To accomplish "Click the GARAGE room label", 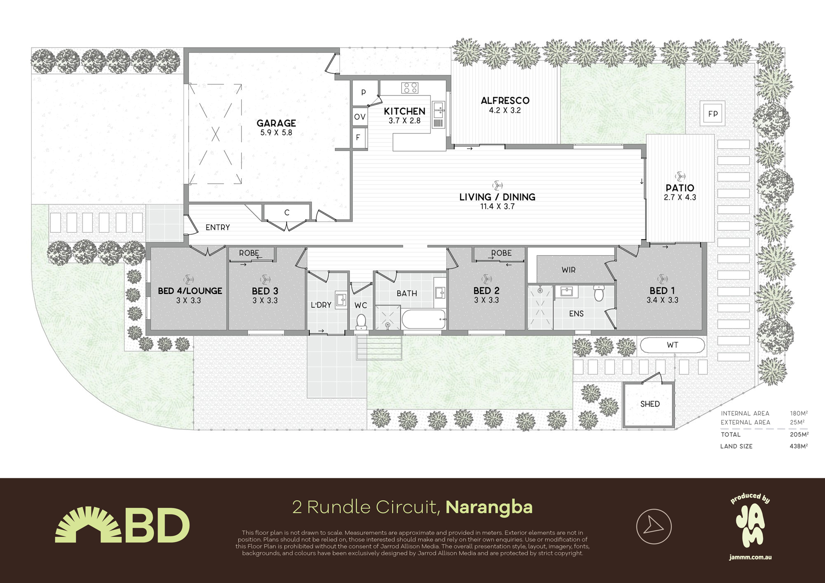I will click(x=276, y=123).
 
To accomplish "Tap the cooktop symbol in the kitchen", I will click(x=410, y=87).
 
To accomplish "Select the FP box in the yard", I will click(x=713, y=114).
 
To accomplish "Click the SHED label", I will click(x=650, y=404).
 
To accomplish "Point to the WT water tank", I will click(x=672, y=345).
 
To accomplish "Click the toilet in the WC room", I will click(x=361, y=321).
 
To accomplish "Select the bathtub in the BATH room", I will click(x=424, y=319).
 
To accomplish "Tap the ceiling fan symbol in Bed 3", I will click(x=265, y=279).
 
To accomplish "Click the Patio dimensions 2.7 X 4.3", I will click(x=679, y=197).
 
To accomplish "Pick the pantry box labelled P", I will click(x=363, y=92).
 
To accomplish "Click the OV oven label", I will click(x=360, y=117).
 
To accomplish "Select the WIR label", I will click(x=568, y=270).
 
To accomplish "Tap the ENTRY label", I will click(x=217, y=228).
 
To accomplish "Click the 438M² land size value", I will click(x=799, y=446).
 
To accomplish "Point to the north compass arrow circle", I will click(x=653, y=526).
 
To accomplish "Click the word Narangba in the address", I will click(x=489, y=507).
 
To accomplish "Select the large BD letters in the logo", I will click(x=157, y=526).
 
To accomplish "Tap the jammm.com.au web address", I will click(x=750, y=557).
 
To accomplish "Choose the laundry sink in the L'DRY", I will click(x=341, y=299).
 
